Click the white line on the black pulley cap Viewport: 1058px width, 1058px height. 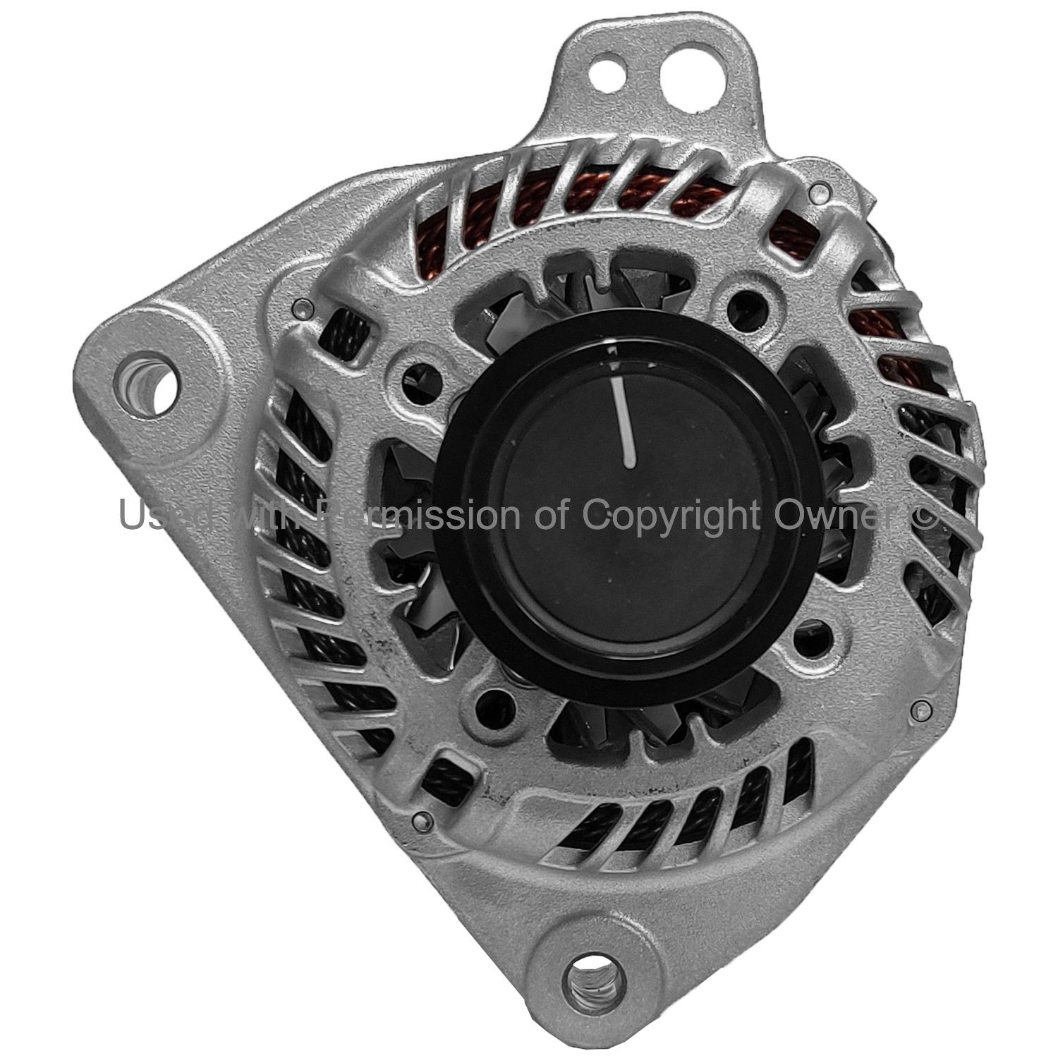[x=626, y=421]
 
